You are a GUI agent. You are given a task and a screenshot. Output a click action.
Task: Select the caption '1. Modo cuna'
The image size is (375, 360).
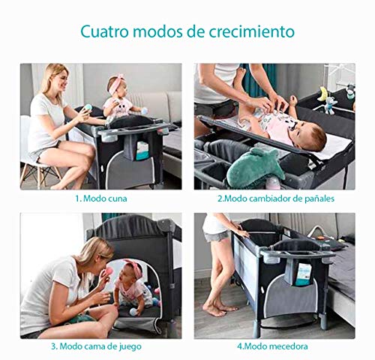pyautogui.click(x=100, y=199)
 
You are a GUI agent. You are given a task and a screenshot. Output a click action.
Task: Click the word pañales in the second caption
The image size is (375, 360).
pyautogui.click(x=316, y=199)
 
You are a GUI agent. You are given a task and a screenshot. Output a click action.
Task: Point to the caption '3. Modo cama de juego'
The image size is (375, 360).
pyautogui.click(x=100, y=346)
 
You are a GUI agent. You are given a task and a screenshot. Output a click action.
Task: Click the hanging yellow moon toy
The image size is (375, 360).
pyautogui.click(x=323, y=93)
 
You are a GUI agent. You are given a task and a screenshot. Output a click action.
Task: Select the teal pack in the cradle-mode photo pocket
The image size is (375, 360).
pyautogui.click(x=142, y=149)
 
